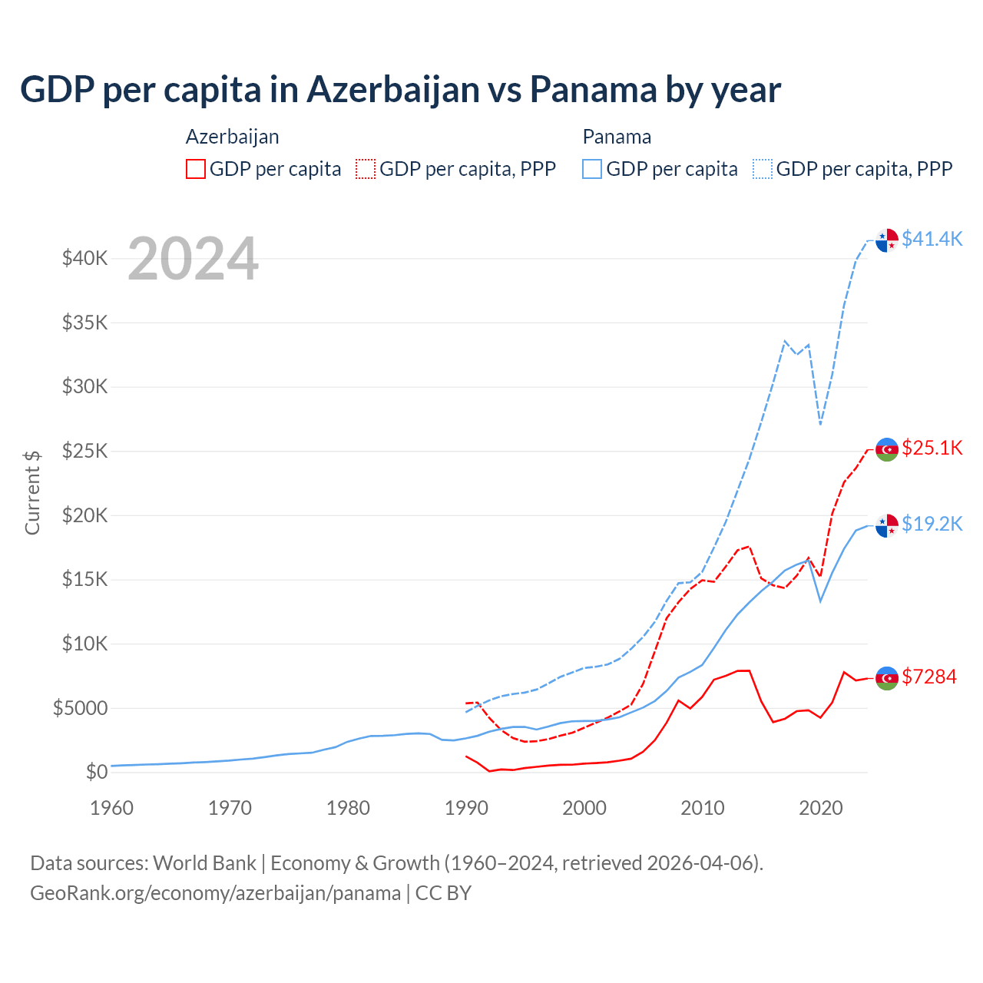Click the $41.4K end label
pos(932,239)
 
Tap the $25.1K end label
pos(932,448)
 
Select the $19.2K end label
pos(932,524)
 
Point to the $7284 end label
pos(929,677)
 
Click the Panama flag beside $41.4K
pos(887,240)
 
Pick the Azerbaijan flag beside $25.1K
pos(887,449)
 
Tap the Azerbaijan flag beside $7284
pos(887,678)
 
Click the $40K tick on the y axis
pos(84,258)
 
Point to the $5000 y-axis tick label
pos(80,708)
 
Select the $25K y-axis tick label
pos(84,451)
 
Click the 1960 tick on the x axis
pos(111,808)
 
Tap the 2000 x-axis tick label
pos(584,808)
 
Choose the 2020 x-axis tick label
pos(821,808)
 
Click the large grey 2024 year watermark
pos(193,259)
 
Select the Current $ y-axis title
pos(32,492)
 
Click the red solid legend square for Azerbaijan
pos(196,169)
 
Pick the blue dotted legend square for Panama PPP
pos(763,169)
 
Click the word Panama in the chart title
pos(593,89)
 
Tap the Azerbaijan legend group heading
pos(232,137)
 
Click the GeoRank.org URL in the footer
pos(215,893)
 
